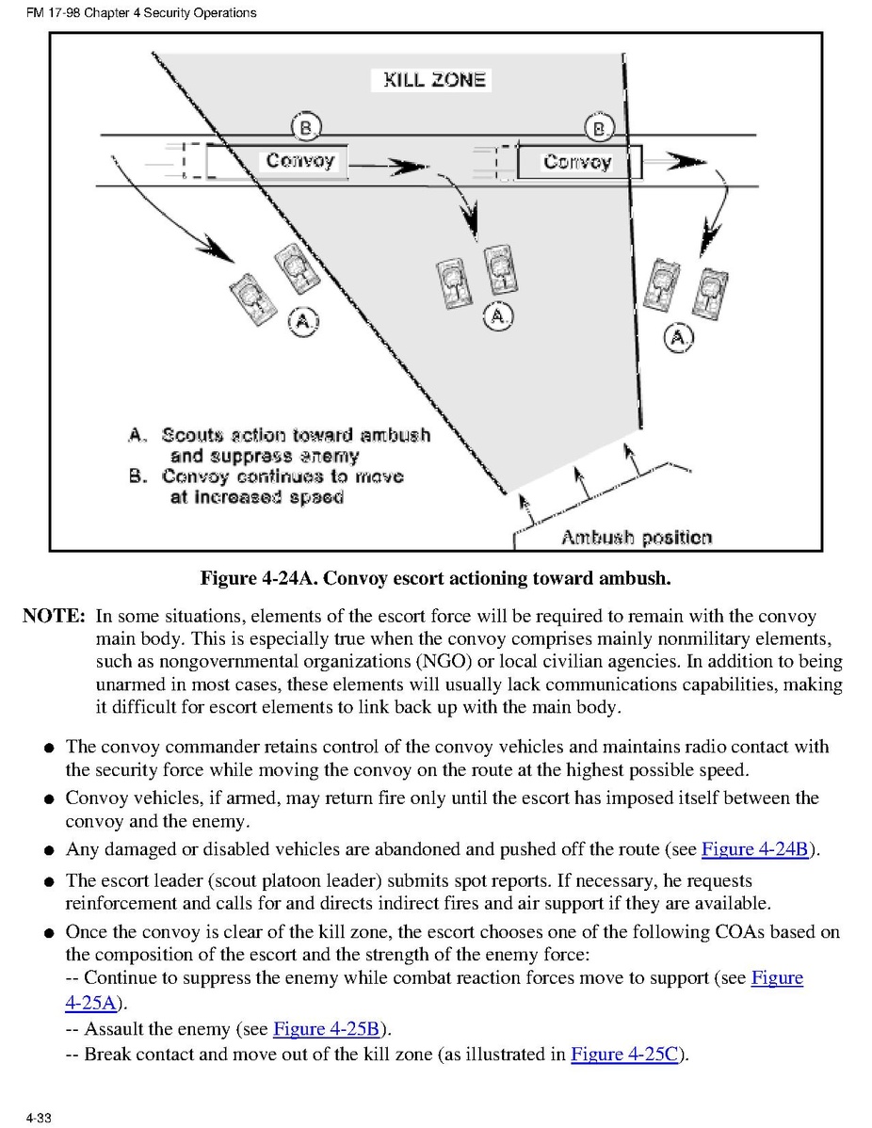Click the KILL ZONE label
point(434,79)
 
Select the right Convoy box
point(579,162)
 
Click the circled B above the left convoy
point(305,128)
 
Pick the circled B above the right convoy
point(599,128)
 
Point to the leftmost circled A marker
point(303,321)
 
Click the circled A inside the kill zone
point(498,315)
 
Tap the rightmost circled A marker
point(678,337)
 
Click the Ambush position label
point(636,538)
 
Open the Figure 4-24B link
point(754,849)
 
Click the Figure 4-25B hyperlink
point(326,1029)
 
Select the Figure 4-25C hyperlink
point(623,1054)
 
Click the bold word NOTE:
point(54,616)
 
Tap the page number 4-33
point(39,1118)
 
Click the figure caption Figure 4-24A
point(435,578)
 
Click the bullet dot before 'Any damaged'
point(49,850)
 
